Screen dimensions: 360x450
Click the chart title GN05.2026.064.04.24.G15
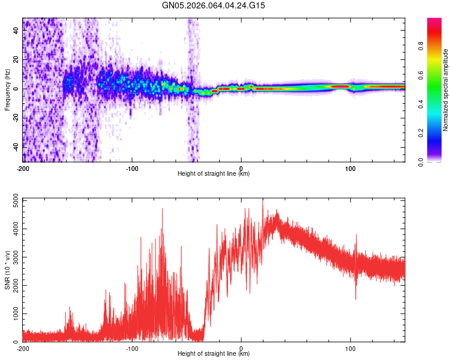click(214, 5)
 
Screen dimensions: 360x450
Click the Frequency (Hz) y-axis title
click(7, 90)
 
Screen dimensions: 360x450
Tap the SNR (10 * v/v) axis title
click(7, 270)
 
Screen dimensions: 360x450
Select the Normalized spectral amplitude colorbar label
click(446, 90)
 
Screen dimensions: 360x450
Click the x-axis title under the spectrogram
click(214, 173)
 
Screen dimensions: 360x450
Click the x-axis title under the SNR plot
click(214, 353)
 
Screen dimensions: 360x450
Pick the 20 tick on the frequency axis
click(17, 60)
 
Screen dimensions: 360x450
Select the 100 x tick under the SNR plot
click(350, 348)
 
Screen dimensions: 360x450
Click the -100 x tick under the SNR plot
click(132, 348)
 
